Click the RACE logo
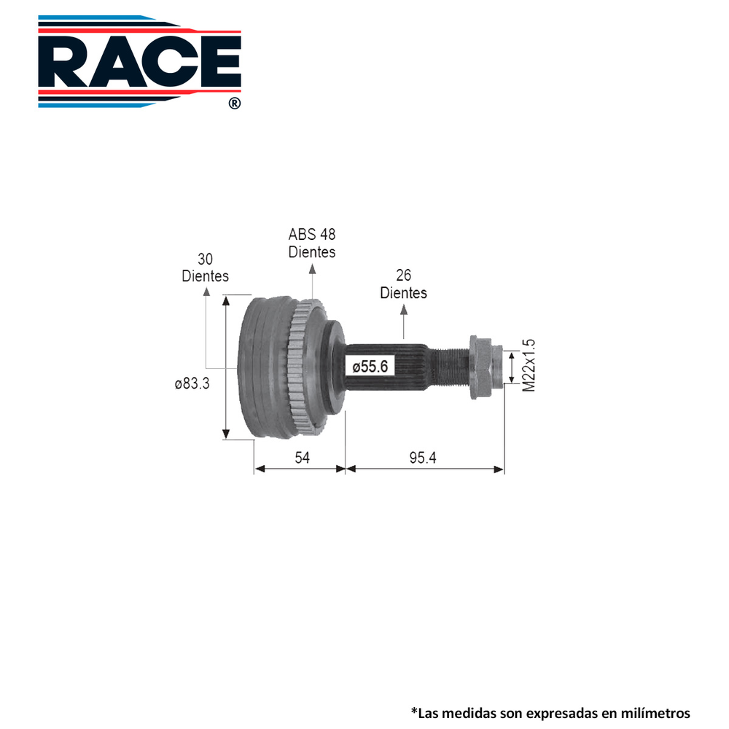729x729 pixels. [139, 62]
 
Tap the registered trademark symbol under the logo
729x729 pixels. [233, 104]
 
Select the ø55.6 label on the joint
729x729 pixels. [373, 367]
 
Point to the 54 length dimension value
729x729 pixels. [302, 458]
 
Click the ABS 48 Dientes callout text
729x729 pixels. [312, 243]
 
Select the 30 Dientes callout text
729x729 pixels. [205, 268]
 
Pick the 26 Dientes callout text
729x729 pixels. [404, 284]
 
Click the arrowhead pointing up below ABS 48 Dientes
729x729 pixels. [312, 269]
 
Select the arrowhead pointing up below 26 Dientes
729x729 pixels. [404, 310]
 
